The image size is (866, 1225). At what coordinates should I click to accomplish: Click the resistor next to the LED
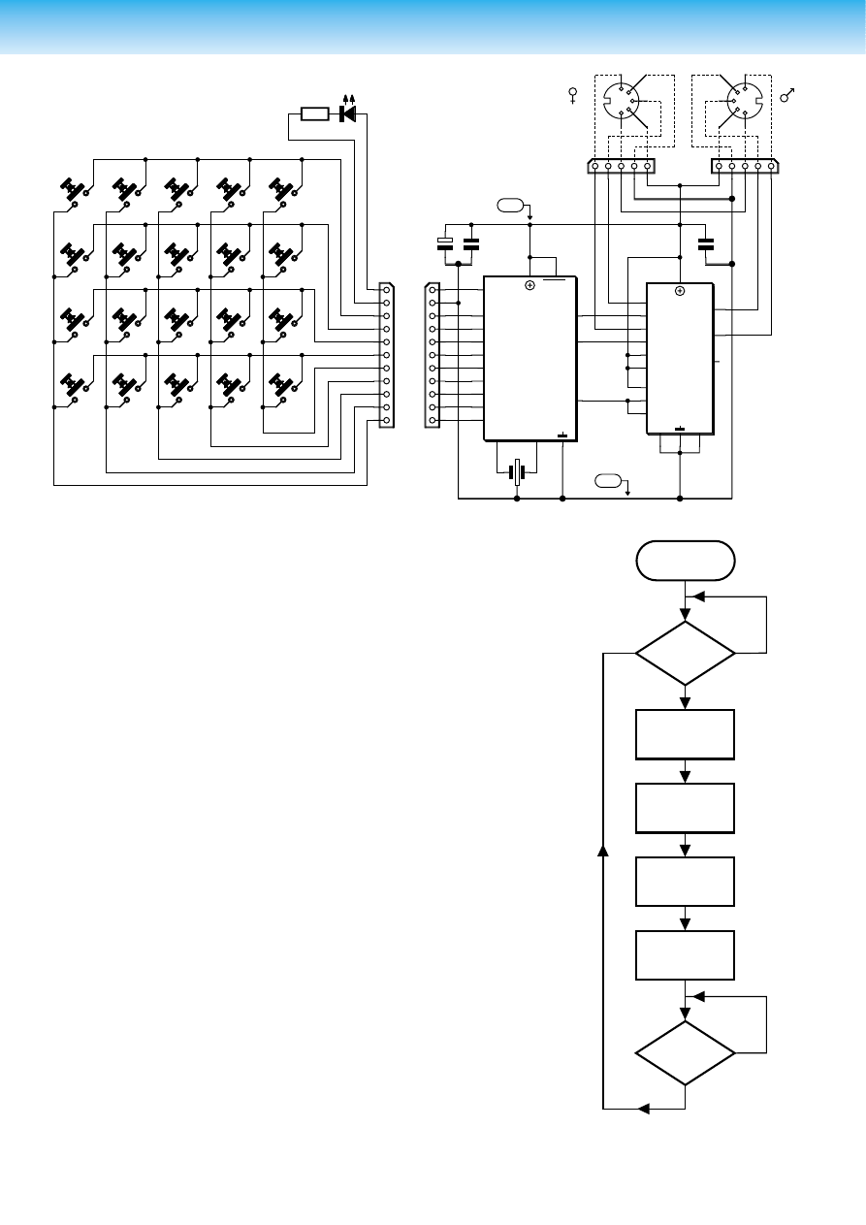(315, 114)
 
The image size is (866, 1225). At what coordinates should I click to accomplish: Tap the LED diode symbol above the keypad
(347, 114)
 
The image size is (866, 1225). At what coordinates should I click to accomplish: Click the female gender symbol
(573, 96)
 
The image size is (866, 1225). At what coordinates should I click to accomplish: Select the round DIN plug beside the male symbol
(742, 101)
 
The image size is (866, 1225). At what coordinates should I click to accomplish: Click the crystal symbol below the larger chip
(518, 473)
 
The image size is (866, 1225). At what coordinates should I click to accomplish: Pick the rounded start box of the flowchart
(685, 561)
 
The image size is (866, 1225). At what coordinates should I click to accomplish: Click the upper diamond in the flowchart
(685, 653)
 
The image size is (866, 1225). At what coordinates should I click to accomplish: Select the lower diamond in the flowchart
(685, 1052)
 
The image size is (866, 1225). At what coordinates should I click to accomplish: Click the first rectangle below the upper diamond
(685, 734)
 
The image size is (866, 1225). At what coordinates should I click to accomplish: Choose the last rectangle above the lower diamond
(685, 955)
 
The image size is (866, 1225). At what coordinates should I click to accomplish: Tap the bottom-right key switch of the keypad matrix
(282, 385)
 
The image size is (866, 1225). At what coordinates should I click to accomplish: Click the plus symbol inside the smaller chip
(680, 290)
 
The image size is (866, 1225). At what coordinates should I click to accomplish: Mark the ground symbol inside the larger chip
(562, 435)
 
